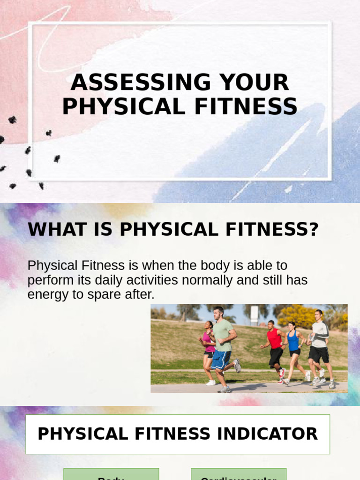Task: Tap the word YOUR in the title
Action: click(254, 83)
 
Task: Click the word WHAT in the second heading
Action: click(51, 230)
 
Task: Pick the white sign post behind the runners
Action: click(255, 314)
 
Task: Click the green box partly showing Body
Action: click(111, 474)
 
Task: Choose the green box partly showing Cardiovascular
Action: click(238, 474)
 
